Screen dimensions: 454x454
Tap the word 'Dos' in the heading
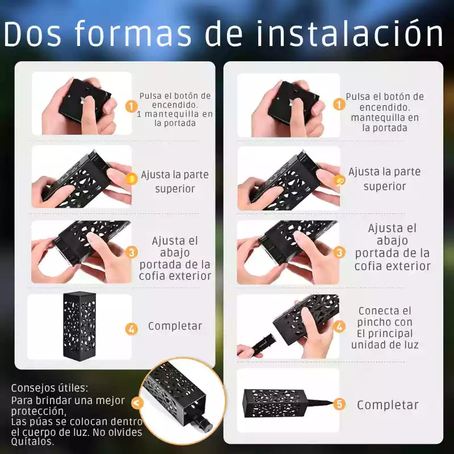[32, 33]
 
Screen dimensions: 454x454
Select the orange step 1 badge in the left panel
[132, 106]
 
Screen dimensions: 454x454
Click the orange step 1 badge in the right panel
[339, 104]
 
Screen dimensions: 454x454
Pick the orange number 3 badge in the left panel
[132, 252]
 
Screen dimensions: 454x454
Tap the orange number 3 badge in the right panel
[339, 252]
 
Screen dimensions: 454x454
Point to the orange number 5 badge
[339, 404]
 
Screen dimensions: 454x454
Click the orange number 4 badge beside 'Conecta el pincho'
[339, 327]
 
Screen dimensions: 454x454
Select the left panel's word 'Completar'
[175, 326]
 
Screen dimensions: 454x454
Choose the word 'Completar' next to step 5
[388, 405]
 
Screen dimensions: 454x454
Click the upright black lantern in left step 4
[79, 325]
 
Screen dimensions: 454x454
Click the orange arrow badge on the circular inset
[137, 402]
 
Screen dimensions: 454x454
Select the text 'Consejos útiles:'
[49, 388]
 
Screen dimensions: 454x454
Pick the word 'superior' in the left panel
[175, 189]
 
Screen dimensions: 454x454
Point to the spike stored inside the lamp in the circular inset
[201, 422]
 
